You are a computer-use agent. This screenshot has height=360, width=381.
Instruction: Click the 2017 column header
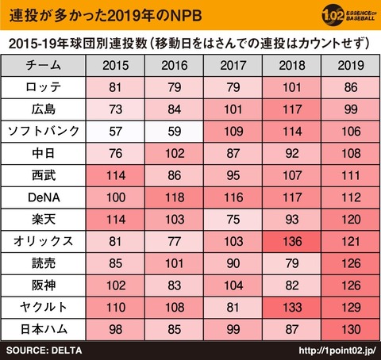point(233,66)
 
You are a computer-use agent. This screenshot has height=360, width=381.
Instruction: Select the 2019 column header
point(351,66)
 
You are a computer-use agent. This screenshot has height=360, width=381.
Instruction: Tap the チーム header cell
point(44,66)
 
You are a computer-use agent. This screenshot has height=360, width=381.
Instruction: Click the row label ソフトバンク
point(44,132)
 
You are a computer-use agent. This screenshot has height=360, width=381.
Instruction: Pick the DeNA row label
point(44,197)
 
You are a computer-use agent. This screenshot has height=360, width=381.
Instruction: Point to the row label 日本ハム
point(44,329)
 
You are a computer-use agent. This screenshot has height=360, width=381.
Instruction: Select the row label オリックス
point(44,241)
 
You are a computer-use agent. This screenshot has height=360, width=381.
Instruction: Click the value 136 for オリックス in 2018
point(292,241)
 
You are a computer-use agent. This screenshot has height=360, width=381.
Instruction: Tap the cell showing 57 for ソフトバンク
point(115,132)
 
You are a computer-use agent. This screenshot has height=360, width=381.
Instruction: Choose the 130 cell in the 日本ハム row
point(351,329)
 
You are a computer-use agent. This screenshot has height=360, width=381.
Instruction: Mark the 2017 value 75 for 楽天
point(233,220)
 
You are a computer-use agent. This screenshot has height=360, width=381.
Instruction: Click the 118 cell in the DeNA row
point(175,197)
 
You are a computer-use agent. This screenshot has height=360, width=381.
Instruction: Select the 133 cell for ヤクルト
point(292,308)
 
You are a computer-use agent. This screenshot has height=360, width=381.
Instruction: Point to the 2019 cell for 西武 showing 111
point(351,175)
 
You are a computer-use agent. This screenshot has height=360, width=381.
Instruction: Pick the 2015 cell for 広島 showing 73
point(115,109)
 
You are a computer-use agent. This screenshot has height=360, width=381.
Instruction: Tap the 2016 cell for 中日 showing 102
point(175,154)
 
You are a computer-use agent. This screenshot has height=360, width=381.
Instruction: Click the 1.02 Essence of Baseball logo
point(348,15)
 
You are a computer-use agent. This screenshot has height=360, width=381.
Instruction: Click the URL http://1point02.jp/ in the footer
point(337,350)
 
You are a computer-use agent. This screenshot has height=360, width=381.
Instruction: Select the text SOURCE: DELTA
point(44,350)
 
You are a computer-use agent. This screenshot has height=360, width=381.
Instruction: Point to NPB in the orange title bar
point(186,16)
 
